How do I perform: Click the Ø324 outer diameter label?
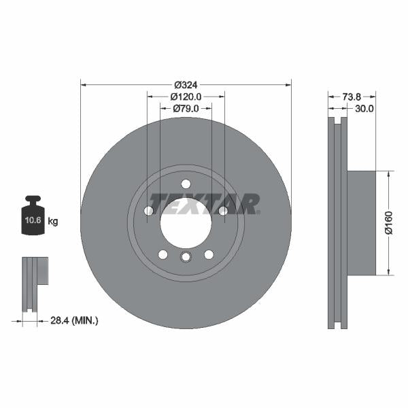point(186,85)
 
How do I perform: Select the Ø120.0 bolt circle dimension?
point(186,97)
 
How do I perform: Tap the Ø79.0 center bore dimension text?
point(186,108)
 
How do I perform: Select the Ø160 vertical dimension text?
point(388,223)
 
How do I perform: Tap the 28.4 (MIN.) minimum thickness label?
point(75,320)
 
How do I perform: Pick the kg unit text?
point(53,222)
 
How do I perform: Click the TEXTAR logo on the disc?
point(205,203)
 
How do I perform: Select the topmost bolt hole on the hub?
point(186,184)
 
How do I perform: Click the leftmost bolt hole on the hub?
point(149,211)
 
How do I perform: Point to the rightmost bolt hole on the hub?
point(223,211)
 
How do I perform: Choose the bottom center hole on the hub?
point(186,256)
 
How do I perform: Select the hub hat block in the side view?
point(361,223)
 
